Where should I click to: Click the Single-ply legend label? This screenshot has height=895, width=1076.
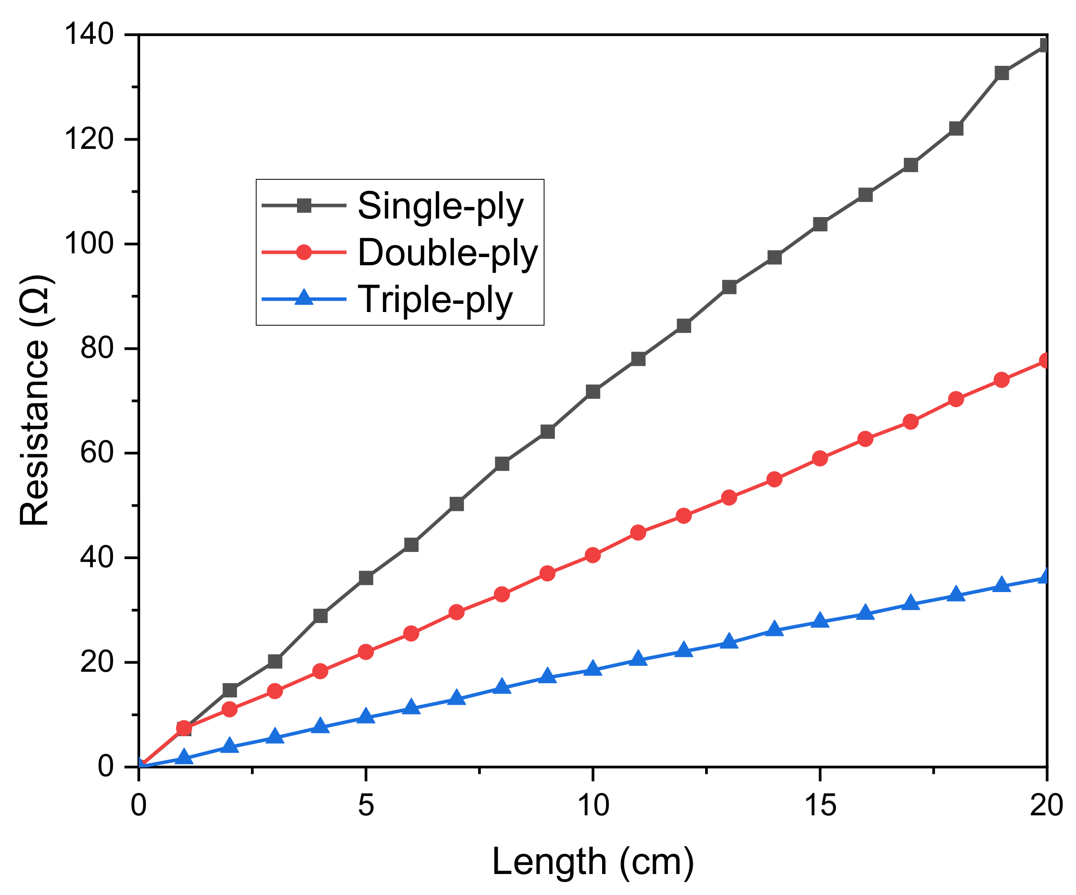tap(440, 207)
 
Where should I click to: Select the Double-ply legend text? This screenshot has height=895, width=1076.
tap(447, 253)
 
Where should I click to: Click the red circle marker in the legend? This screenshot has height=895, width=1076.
tap(304, 252)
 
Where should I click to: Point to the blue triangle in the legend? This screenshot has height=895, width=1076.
tap(304, 298)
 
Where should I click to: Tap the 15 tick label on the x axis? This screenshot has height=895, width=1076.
tap(820, 806)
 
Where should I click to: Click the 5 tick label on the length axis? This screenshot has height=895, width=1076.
tap(365, 806)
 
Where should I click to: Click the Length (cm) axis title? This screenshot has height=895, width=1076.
tap(593, 862)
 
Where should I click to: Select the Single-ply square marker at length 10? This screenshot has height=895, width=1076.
tap(593, 392)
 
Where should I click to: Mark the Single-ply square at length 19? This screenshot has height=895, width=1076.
tap(1002, 73)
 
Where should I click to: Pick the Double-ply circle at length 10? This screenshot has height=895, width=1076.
tap(593, 555)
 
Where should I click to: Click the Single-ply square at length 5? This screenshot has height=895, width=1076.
tap(366, 578)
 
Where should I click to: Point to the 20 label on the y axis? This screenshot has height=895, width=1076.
tap(96, 663)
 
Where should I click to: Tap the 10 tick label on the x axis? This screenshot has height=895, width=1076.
tap(593, 806)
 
